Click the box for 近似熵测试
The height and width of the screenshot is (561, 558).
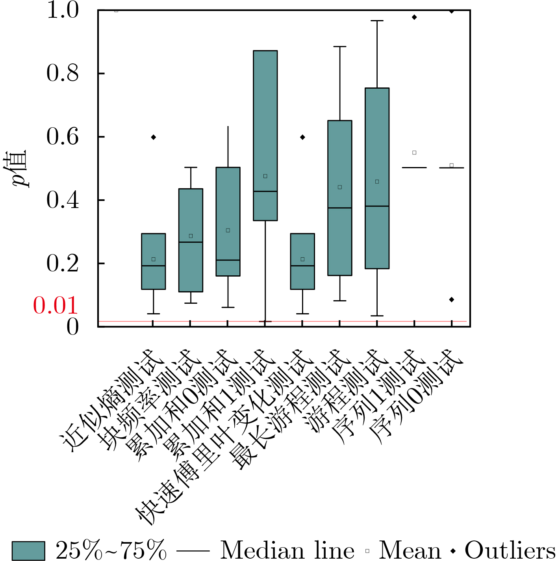pyautogui.click(x=153, y=261)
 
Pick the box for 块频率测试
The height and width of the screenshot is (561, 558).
pyautogui.click(x=191, y=240)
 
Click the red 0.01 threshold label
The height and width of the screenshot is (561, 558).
pyautogui.click(x=55, y=305)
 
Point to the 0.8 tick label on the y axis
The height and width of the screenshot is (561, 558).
pyautogui.click(x=63, y=73)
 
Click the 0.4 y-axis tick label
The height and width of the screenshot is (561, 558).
pyautogui.click(x=63, y=200)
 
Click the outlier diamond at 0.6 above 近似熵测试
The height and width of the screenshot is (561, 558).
pyautogui.click(x=154, y=137)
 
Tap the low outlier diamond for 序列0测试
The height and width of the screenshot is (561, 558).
pyautogui.click(x=452, y=299)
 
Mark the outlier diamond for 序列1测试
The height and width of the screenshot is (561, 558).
pyautogui.click(x=414, y=17)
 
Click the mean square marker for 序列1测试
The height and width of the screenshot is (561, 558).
pyautogui.click(x=414, y=152)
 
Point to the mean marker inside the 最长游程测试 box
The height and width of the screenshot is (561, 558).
pyautogui.click(x=340, y=187)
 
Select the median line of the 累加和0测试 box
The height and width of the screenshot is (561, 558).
pyautogui.click(x=228, y=260)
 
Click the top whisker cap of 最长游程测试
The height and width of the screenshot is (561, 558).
pyautogui.click(x=340, y=46)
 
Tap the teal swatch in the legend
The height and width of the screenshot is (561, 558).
pyautogui.click(x=28, y=550)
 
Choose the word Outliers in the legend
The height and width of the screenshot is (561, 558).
pyautogui.click(x=510, y=550)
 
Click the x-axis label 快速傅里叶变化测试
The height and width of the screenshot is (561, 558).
pyautogui.click(x=224, y=437)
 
